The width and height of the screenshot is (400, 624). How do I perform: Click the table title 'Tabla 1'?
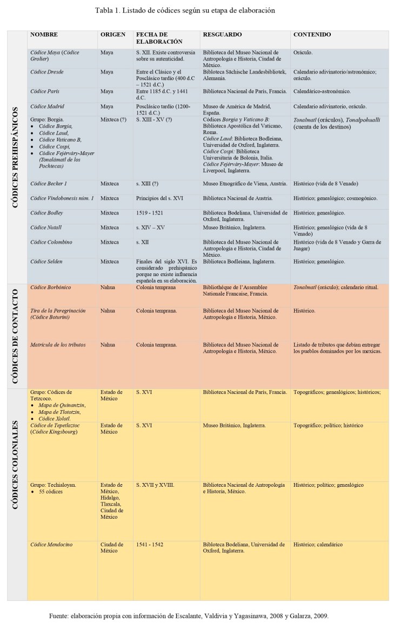coord(185,10)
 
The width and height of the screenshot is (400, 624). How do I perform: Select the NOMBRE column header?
coord(44,35)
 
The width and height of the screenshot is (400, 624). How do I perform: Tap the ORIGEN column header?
coord(112,35)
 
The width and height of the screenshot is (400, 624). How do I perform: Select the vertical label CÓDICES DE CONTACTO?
coord(17,335)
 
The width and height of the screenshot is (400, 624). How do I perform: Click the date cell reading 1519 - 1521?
coord(150,213)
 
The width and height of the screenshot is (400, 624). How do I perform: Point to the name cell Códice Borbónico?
coord(51,287)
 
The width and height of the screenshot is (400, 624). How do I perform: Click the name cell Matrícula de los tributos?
coord(58,345)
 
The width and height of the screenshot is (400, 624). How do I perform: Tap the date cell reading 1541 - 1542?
coord(150,545)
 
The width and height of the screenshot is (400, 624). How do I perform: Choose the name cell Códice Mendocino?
coord(51,545)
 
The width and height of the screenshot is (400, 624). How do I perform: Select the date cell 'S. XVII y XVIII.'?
coord(155,485)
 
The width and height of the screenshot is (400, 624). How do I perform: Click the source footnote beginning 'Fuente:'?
coord(188,615)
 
